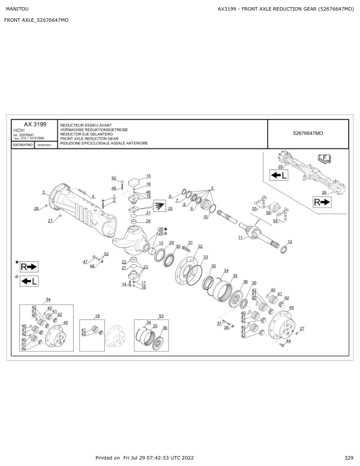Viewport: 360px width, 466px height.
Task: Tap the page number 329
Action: tap(349, 457)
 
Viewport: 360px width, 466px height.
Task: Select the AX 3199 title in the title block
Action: tap(35, 125)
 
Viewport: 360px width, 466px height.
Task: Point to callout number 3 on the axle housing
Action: tap(43, 192)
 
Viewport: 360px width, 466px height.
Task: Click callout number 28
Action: tap(36, 208)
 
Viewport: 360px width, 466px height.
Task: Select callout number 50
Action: tap(114, 178)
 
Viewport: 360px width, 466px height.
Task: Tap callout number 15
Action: tap(148, 176)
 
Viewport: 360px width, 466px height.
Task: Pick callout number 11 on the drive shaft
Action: tap(240, 237)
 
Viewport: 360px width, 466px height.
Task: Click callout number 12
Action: tap(290, 242)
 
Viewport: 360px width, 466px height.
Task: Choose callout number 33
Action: tap(205, 257)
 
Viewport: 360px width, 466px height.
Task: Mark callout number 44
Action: tap(288, 341)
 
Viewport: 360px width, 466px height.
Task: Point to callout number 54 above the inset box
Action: tap(48, 299)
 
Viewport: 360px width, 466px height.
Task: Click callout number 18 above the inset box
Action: tap(98, 316)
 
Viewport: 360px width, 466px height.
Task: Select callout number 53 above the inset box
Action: tap(161, 316)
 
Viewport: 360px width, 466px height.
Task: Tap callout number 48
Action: tap(92, 266)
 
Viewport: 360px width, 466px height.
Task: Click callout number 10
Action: tap(205, 217)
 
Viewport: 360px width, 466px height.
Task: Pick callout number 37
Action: tap(219, 323)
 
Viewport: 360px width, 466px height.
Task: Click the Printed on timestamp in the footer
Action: tap(145, 457)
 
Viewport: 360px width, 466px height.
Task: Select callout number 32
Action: tap(200, 247)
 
